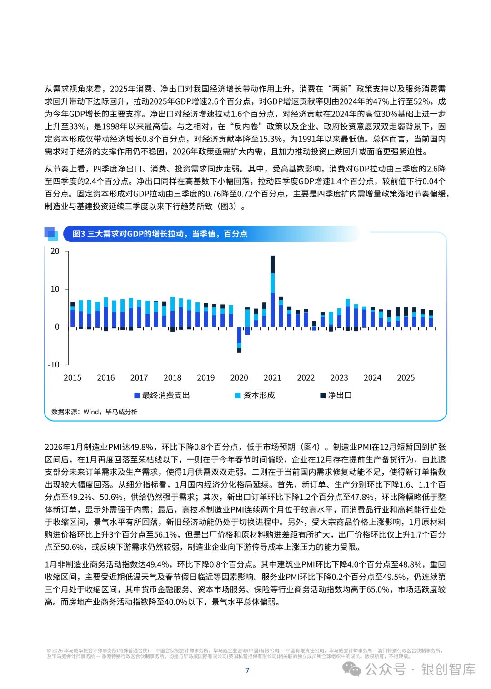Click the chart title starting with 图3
[x=160, y=234]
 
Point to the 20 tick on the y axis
[x=55, y=251]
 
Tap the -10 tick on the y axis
[x=53, y=365]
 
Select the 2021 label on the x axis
[x=272, y=378]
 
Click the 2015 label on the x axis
[x=72, y=378]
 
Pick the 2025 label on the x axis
[x=406, y=378]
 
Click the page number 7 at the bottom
[x=247, y=670]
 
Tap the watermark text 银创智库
[x=449, y=669]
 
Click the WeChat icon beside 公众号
[x=353, y=669]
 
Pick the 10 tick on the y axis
[x=55, y=289]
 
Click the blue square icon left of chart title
[x=51, y=233]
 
